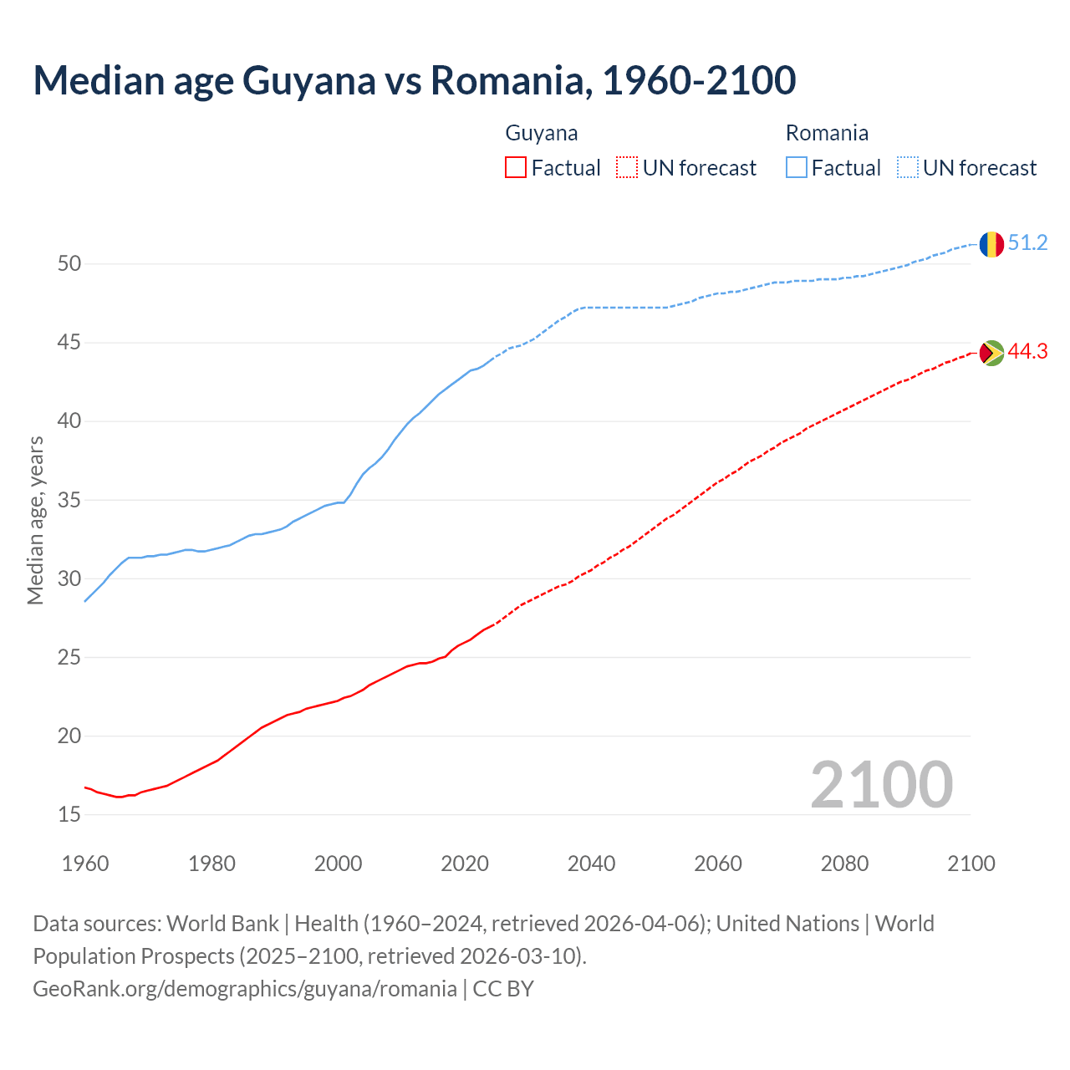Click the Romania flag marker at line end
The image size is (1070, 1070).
point(991,244)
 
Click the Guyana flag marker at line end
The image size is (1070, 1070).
point(991,353)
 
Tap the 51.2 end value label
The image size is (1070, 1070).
point(1027,243)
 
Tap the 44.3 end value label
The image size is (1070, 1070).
point(1027,352)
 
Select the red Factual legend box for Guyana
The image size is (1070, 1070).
point(516,168)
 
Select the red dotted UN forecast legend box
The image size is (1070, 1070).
point(627,168)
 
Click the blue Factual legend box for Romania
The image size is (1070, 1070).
point(797,168)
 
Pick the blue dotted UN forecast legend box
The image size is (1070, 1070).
point(908,168)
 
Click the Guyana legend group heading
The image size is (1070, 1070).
point(542,133)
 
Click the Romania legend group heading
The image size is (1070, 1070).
point(827,133)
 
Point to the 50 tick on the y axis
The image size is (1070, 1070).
point(69,264)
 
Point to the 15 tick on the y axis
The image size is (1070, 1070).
point(69,815)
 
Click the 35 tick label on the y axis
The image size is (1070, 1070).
point(69,501)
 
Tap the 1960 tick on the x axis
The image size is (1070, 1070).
point(85,864)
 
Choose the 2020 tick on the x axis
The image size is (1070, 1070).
point(465,864)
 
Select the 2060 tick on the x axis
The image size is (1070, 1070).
point(718,864)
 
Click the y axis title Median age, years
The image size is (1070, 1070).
point(36,520)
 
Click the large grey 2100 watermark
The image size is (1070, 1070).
point(881,785)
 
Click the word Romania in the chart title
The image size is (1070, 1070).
point(507,80)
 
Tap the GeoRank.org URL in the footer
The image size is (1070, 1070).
point(245,989)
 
